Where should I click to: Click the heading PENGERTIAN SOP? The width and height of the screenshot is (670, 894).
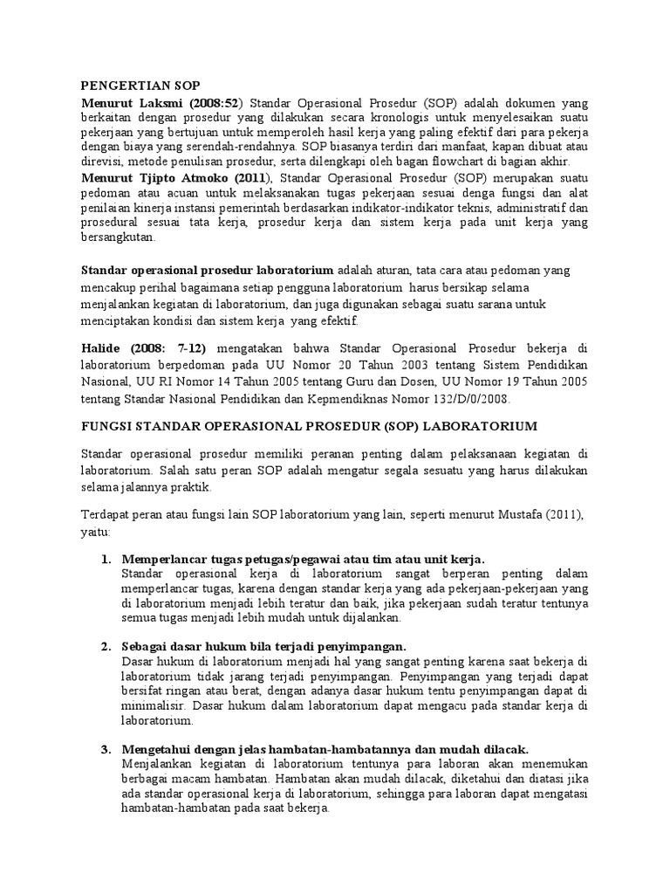[x=140, y=85]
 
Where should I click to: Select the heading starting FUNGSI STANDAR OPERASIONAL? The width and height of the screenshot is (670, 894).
[x=310, y=425]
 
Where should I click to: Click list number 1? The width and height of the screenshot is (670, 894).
[x=105, y=559]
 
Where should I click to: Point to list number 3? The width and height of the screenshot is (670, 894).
[x=105, y=749]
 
